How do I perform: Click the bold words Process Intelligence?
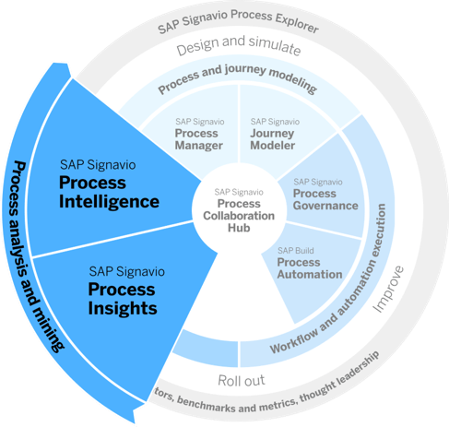pyautogui.click(x=109, y=192)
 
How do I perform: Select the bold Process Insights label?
pyautogui.click(x=123, y=299)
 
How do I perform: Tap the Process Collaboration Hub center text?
pyautogui.click(x=239, y=216)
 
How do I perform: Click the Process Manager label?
pyautogui.click(x=199, y=139)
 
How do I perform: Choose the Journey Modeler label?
pyautogui.click(x=273, y=139)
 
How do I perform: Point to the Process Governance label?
pyautogui.click(x=325, y=199)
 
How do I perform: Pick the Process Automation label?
pyautogui.click(x=310, y=268)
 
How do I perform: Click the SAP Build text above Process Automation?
pyautogui.click(x=296, y=251)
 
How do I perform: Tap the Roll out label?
pyautogui.click(x=242, y=381)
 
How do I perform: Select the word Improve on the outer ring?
pyautogui.click(x=388, y=289)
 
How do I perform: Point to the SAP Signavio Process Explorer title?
pyautogui.click(x=238, y=19)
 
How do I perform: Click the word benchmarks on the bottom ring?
pyautogui.click(x=211, y=406)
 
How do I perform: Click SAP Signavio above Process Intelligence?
pyautogui.click(x=98, y=165)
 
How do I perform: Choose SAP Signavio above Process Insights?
pyautogui.click(x=127, y=272)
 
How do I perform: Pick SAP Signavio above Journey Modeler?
pyautogui.click(x=275, y=122)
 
